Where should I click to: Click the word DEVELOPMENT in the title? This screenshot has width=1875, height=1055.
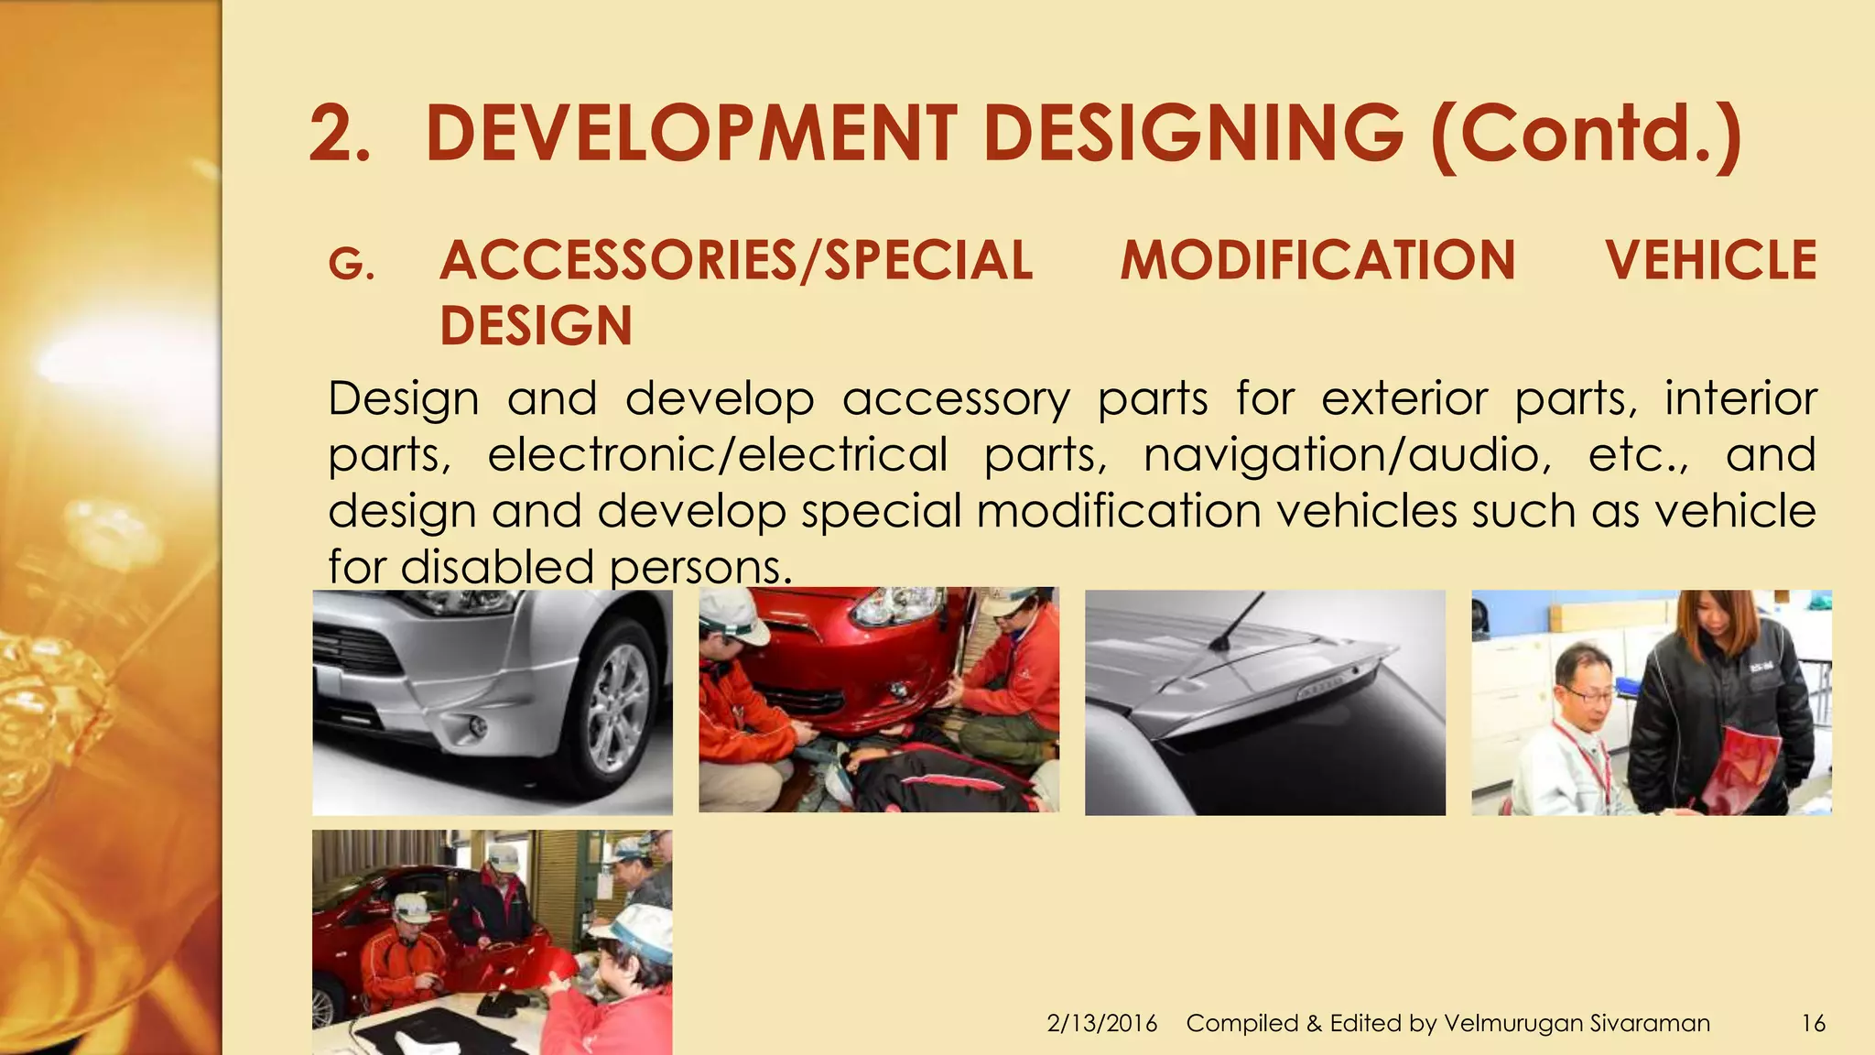691,134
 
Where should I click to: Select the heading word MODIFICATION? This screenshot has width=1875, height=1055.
1317,260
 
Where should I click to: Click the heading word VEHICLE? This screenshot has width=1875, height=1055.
1710,260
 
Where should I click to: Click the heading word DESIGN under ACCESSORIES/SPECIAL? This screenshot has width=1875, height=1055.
536,326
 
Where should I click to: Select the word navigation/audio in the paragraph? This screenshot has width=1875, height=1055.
1347,455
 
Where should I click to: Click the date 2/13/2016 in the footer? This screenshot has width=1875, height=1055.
1101,1023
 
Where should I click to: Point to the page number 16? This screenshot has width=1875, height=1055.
1813,1023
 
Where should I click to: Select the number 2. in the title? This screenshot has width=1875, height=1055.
339,134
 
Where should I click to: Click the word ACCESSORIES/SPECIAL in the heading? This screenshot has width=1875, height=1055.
736,260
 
